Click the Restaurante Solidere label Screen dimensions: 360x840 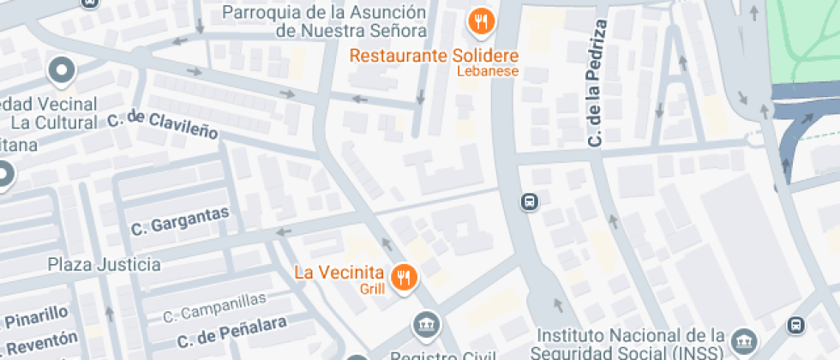[435, 55]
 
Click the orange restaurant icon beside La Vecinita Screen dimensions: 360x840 [403, 276]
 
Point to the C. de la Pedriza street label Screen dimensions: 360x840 [597, 83]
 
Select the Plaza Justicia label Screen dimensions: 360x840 [104, 263]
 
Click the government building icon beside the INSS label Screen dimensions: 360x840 [746, 339]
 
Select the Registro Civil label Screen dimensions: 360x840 [442, 355]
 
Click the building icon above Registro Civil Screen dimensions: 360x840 [426, 325]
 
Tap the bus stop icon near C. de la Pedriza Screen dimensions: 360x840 [530, 202]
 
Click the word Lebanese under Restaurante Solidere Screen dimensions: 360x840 [487, 71]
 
